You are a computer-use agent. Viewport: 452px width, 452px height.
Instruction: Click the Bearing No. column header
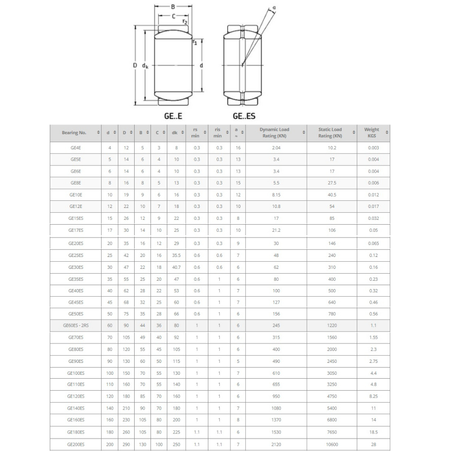(74, 132)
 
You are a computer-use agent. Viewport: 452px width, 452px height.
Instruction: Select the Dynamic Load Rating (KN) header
(274, 132)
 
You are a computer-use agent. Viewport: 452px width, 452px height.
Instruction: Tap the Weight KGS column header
(372, 132)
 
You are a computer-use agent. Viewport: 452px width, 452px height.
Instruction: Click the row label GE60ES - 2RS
(76, 326)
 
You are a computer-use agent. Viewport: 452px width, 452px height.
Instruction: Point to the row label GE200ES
(76, 444)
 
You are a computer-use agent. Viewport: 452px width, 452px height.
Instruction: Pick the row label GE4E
(76, 148)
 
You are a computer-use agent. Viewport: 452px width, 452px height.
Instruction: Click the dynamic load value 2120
(276, 444)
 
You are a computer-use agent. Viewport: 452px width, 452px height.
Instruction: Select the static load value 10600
(332, 444)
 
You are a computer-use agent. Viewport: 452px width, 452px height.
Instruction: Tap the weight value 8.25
(373, 396)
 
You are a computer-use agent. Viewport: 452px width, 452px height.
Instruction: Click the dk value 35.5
(176, 255)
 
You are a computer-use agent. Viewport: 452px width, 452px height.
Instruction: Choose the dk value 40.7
(176, 267)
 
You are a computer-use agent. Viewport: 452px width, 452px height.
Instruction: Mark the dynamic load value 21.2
(276, 230)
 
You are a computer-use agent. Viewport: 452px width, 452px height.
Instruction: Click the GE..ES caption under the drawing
(244, 117)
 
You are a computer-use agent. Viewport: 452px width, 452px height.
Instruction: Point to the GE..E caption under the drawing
(173, 117)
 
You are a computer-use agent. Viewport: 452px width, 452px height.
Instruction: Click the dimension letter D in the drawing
(136, 65)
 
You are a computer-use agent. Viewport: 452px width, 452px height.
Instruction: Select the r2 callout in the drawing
(185, 22)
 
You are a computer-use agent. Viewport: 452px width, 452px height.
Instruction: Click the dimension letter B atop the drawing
(173, 7)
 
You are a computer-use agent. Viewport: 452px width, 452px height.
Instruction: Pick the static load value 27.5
(332, 183)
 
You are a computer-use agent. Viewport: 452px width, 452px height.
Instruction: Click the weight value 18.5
(373, 432)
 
